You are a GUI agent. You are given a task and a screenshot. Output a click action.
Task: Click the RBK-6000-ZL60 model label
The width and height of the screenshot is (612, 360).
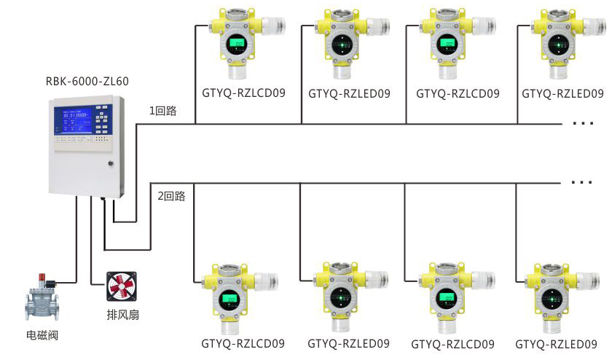pos(87,81)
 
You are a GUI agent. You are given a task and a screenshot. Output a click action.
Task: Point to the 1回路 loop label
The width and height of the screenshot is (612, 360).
pos(162,111)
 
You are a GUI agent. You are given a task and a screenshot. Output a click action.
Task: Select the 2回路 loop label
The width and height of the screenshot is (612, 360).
pos(171,196)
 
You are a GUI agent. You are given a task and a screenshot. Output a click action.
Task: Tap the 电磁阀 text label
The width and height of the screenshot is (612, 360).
pos(42,336)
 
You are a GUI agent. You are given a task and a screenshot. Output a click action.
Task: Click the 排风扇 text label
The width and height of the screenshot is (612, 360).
pos(122,318)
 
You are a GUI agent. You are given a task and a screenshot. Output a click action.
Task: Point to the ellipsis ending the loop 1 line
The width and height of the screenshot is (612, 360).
pos(583,124)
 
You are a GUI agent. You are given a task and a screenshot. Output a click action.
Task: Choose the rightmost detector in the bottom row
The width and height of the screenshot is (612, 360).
pos(555,295)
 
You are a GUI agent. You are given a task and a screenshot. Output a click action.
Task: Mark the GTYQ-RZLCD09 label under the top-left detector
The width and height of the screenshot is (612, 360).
pos(243,94)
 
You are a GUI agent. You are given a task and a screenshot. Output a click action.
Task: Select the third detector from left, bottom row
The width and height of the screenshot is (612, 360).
pos(449,295)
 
